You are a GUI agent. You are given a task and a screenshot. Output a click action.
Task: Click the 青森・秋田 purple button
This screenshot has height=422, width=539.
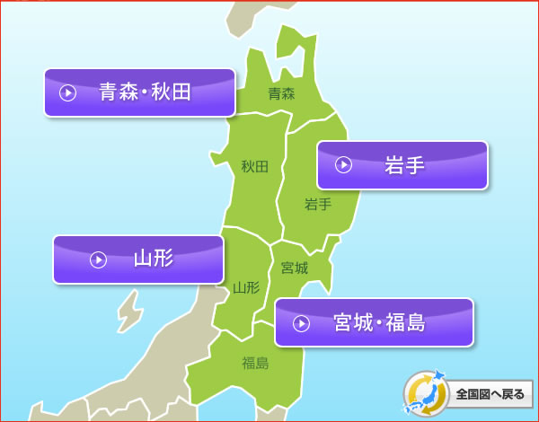point(139,92)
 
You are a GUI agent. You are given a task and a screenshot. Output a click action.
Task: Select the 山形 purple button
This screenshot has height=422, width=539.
point(137,259)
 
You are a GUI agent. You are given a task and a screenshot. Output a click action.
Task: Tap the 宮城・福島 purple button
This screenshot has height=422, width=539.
point(374,322)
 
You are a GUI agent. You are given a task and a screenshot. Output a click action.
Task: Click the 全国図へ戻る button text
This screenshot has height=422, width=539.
point(490,393)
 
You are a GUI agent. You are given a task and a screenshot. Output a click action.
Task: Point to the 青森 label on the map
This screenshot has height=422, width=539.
point(282,92)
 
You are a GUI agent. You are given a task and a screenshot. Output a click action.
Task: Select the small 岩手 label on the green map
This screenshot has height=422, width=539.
point(318,204)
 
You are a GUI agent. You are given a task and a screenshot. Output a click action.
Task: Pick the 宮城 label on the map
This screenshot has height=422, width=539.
point(294,268)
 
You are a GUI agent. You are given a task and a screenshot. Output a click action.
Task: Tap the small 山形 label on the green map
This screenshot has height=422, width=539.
point(245,288)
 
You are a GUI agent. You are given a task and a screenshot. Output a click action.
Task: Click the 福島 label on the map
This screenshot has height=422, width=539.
point(255,363)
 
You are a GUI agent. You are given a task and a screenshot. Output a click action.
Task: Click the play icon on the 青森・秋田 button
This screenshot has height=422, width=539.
point(67,92)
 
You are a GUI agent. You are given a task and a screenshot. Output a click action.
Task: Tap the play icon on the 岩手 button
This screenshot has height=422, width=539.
point(343,165)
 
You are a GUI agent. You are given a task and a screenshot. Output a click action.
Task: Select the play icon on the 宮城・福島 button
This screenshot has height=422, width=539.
point(302,323)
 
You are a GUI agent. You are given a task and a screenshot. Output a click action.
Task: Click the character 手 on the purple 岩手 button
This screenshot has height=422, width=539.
point(414,165)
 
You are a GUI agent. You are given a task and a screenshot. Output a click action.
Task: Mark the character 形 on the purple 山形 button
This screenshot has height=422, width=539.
point(163,259)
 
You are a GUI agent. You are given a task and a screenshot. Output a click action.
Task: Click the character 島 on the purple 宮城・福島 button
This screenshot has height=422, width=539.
point(415,322)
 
